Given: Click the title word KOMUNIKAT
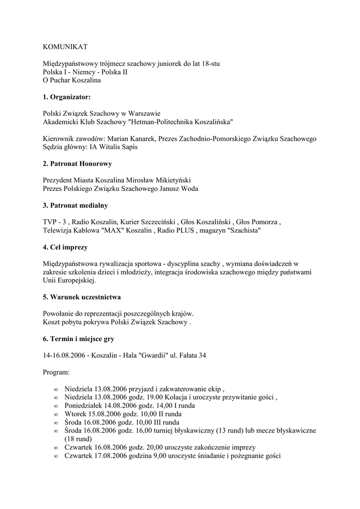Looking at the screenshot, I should click(65, 47).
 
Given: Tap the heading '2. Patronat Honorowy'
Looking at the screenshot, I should click(77, 164).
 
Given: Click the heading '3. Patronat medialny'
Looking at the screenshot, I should click(75, 205).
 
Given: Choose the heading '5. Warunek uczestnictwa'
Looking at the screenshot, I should click(82, 297).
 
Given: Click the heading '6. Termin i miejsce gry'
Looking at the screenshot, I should click(79, 339).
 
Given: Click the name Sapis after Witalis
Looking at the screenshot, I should click(128, 147).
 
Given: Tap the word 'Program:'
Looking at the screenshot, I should click(57, 372).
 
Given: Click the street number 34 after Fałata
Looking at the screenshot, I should click(202, 355).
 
